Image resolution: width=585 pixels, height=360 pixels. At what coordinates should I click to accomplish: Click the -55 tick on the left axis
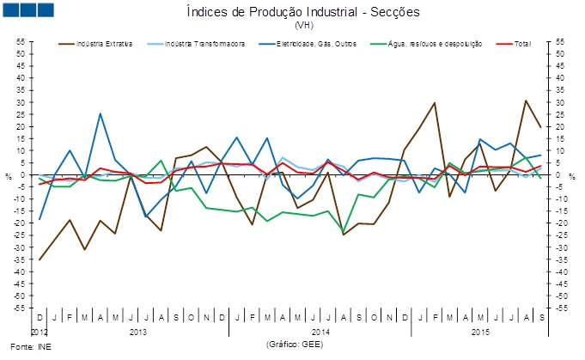[x=17, y=307]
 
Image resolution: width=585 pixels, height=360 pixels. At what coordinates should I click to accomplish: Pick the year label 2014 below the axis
[x=321, y=331]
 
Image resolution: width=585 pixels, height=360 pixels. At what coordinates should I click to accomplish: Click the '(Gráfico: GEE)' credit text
[x=296, y=344]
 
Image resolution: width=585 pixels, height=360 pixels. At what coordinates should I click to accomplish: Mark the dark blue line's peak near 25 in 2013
[x=101, y=113]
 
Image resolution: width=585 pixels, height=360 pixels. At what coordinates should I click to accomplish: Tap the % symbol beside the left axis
[x=8, y=176]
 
